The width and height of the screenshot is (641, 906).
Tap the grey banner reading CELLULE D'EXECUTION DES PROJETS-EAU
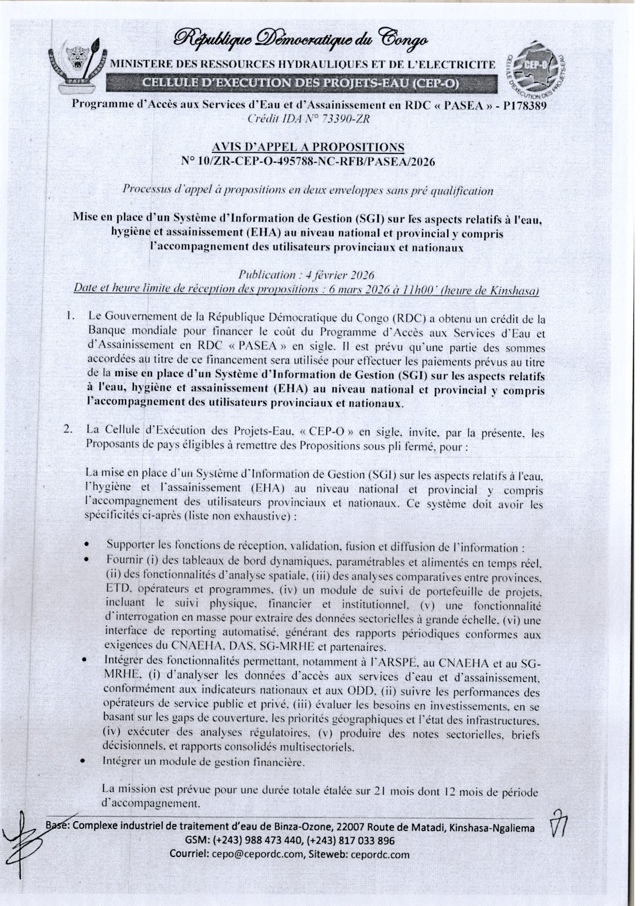[x=300, y=83]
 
